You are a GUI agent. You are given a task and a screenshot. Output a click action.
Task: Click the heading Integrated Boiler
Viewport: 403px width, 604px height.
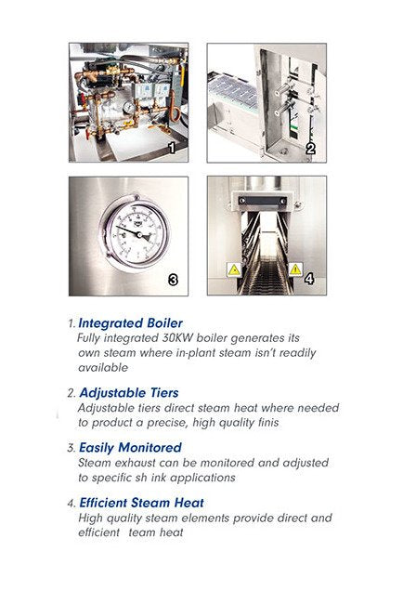(x=131, y=322)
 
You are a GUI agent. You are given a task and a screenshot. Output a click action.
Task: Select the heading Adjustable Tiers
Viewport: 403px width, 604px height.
(x=129, y=392)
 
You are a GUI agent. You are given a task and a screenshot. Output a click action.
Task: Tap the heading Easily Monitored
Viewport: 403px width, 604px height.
(x=130, y=447)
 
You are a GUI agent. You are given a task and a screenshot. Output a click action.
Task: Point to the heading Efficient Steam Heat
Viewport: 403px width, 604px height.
(x=142, y=503)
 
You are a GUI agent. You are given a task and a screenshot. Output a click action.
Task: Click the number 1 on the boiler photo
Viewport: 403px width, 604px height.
(x=172, y=148)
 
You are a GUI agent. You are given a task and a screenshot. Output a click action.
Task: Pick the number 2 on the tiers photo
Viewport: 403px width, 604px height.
(x=310, y=149)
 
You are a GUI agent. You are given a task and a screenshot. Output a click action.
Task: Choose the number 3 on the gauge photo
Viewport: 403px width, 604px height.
(x=174, y=280)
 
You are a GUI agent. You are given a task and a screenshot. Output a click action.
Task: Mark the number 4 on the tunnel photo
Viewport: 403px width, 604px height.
(x=309, y=279)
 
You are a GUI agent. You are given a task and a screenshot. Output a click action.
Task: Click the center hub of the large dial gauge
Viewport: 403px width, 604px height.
(x=139, y=234)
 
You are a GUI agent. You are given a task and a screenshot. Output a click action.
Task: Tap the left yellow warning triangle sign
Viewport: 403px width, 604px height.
(x=234, y=269)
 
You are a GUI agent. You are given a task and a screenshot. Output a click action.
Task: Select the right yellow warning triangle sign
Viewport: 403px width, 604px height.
(x=295, y=269)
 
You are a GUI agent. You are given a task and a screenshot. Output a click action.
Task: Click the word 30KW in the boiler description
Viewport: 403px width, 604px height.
(x=177, y=338)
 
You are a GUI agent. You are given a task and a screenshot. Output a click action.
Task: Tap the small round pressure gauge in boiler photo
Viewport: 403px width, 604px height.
(x=129, y=108)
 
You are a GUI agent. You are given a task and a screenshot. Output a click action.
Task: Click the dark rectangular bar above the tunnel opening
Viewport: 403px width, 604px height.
(x=263, y=201)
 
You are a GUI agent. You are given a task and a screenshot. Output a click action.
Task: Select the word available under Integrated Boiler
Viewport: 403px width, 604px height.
(x=103, y=367)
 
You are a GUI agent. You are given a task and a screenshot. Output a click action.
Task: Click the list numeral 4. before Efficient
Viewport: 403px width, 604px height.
(x=71, y=503)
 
